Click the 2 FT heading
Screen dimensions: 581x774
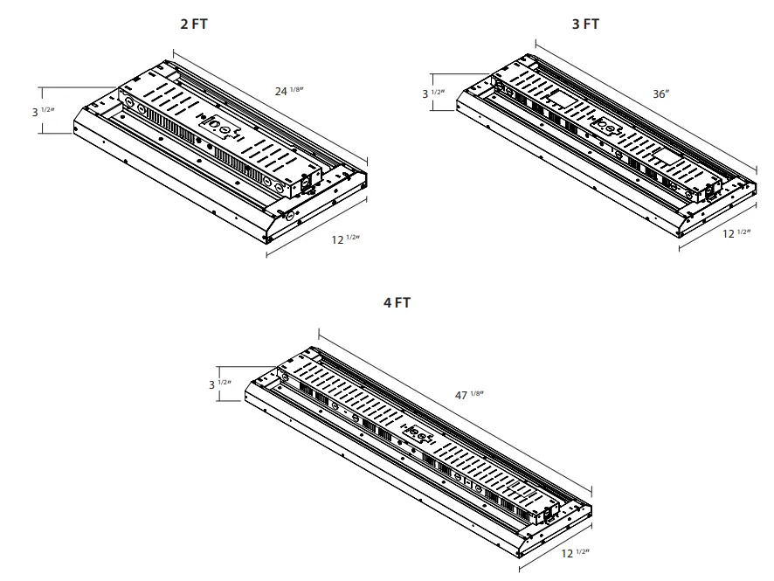pos(194,24)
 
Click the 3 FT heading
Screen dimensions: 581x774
pos(585,24)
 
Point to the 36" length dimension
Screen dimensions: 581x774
pos(660,93)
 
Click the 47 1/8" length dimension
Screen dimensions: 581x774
pos(468,395)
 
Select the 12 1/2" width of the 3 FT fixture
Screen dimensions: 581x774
pos(736,232)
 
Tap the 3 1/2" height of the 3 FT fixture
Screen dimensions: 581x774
pos(434,93)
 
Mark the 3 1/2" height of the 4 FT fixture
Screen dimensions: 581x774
pos(218,384)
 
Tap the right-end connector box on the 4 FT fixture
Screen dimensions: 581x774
pos(552,509)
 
